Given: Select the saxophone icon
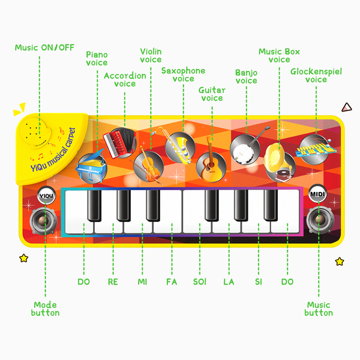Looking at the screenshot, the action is pos(179,146).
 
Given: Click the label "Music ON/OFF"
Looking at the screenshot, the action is pos(45,47).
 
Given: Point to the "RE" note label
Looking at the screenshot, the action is pos(112,281).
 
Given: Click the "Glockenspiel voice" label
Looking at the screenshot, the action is pos(316,76).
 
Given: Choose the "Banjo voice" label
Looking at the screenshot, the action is pos(246,76).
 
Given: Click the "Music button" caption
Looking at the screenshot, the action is pos(318,309).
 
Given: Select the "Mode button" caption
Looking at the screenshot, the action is pos(46,309).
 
